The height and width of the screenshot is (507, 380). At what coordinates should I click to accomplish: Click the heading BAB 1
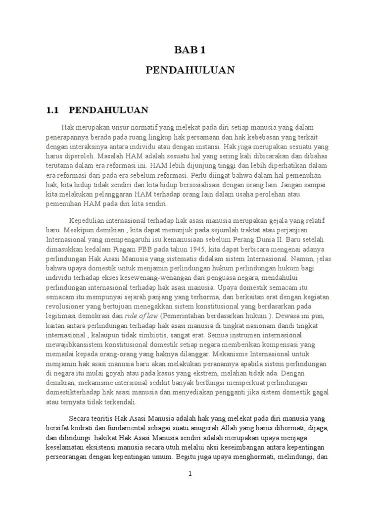point(190,50)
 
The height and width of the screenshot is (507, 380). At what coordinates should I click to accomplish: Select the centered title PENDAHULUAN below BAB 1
point(190,70)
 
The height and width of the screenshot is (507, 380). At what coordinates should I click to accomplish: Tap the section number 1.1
point(52,110)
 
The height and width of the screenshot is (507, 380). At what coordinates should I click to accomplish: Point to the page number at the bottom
point(190,474)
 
